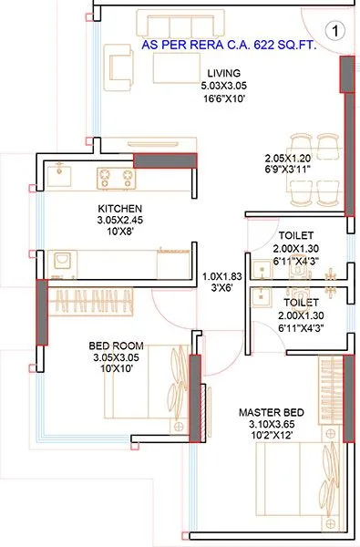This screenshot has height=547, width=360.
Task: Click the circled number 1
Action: [x=336, y=30]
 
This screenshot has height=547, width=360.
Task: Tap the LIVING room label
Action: [x=223, y=73]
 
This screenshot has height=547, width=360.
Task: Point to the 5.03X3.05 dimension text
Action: [x=223, y=85]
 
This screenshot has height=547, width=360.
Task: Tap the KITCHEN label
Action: [x=119, y=208]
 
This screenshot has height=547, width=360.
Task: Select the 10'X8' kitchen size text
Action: [x=119, y=232]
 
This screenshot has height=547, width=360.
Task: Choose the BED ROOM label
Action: [x=114, y=346]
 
